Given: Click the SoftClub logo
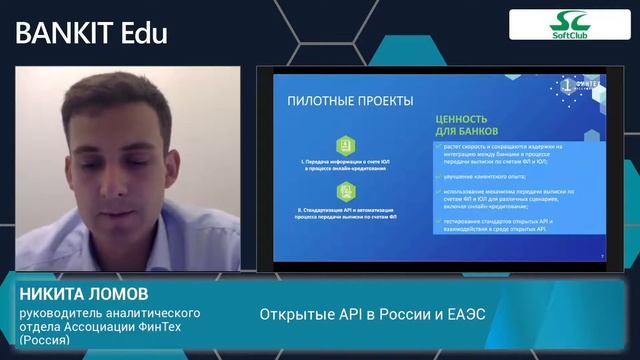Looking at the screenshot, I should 569,25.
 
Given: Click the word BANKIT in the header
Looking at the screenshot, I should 63,32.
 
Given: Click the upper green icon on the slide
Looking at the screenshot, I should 345,146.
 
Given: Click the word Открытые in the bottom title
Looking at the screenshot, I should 291,313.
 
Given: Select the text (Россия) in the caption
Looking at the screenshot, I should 45,340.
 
